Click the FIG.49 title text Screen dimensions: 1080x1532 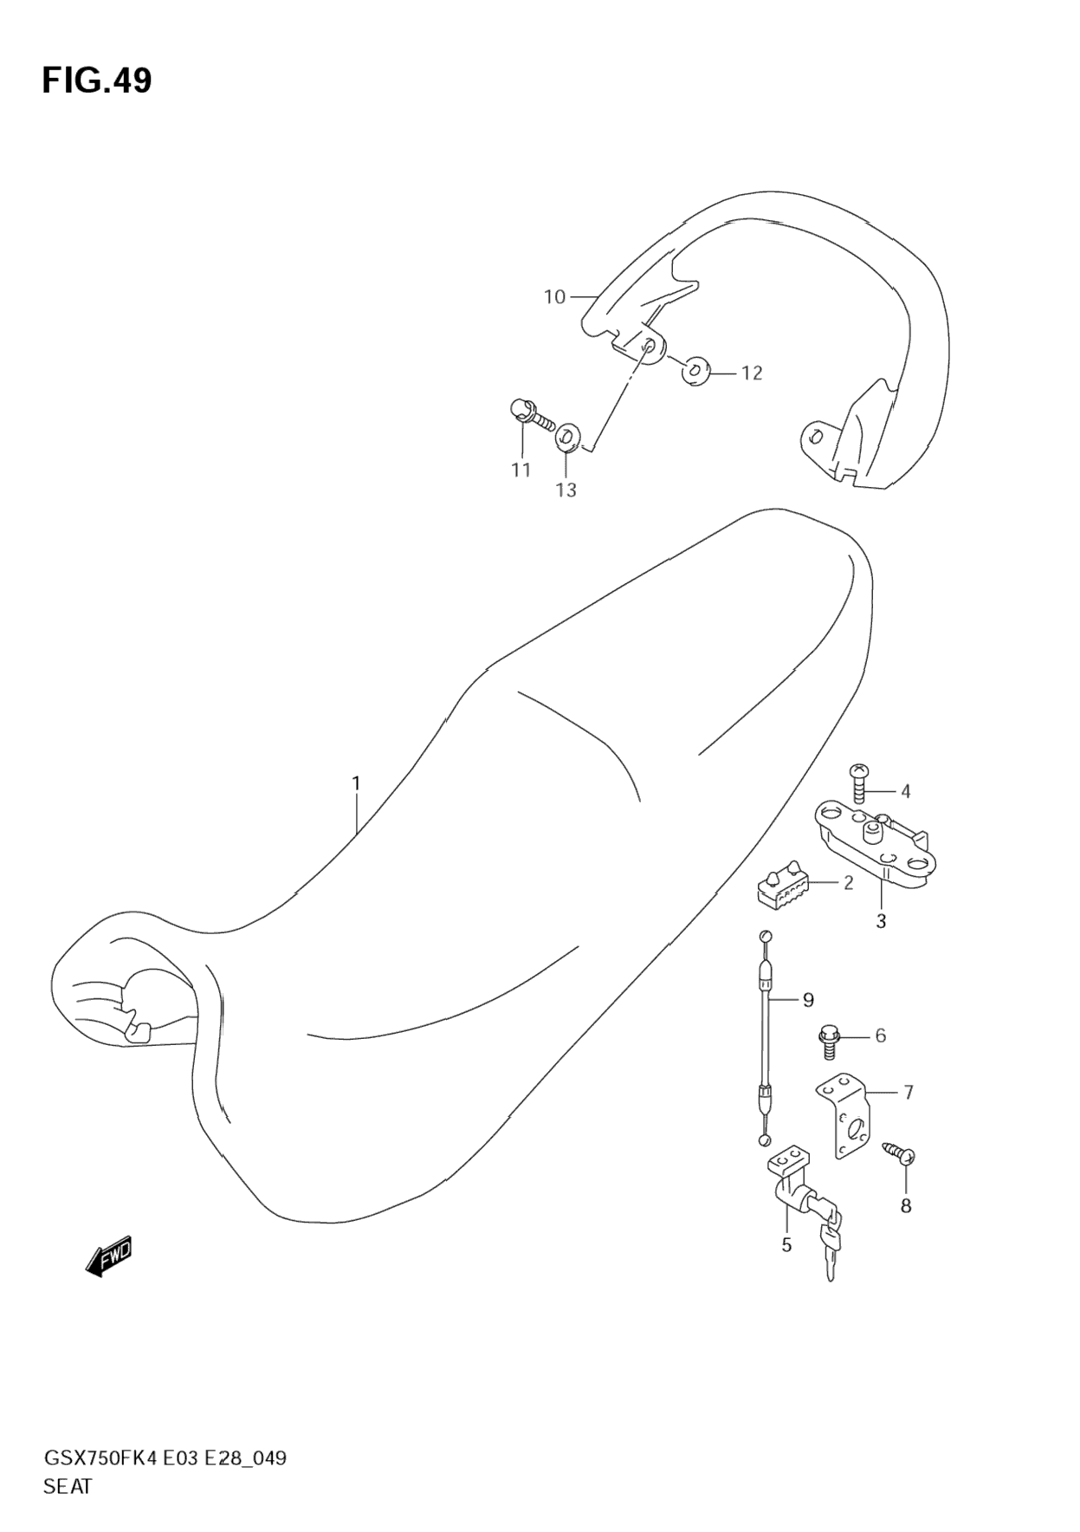coord(97,81)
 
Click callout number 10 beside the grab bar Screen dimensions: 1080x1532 coord(554,297)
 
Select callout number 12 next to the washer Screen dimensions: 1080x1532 coord(752,373)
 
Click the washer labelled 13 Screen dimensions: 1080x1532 coord(567,436)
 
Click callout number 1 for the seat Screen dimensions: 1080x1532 coord(356,783)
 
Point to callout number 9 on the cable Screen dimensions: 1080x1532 coord(808,1000)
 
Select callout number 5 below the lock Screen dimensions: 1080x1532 coord(786,1245)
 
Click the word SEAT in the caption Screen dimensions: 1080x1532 coord(68,1486)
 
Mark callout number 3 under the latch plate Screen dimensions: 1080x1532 coord(881,921)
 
